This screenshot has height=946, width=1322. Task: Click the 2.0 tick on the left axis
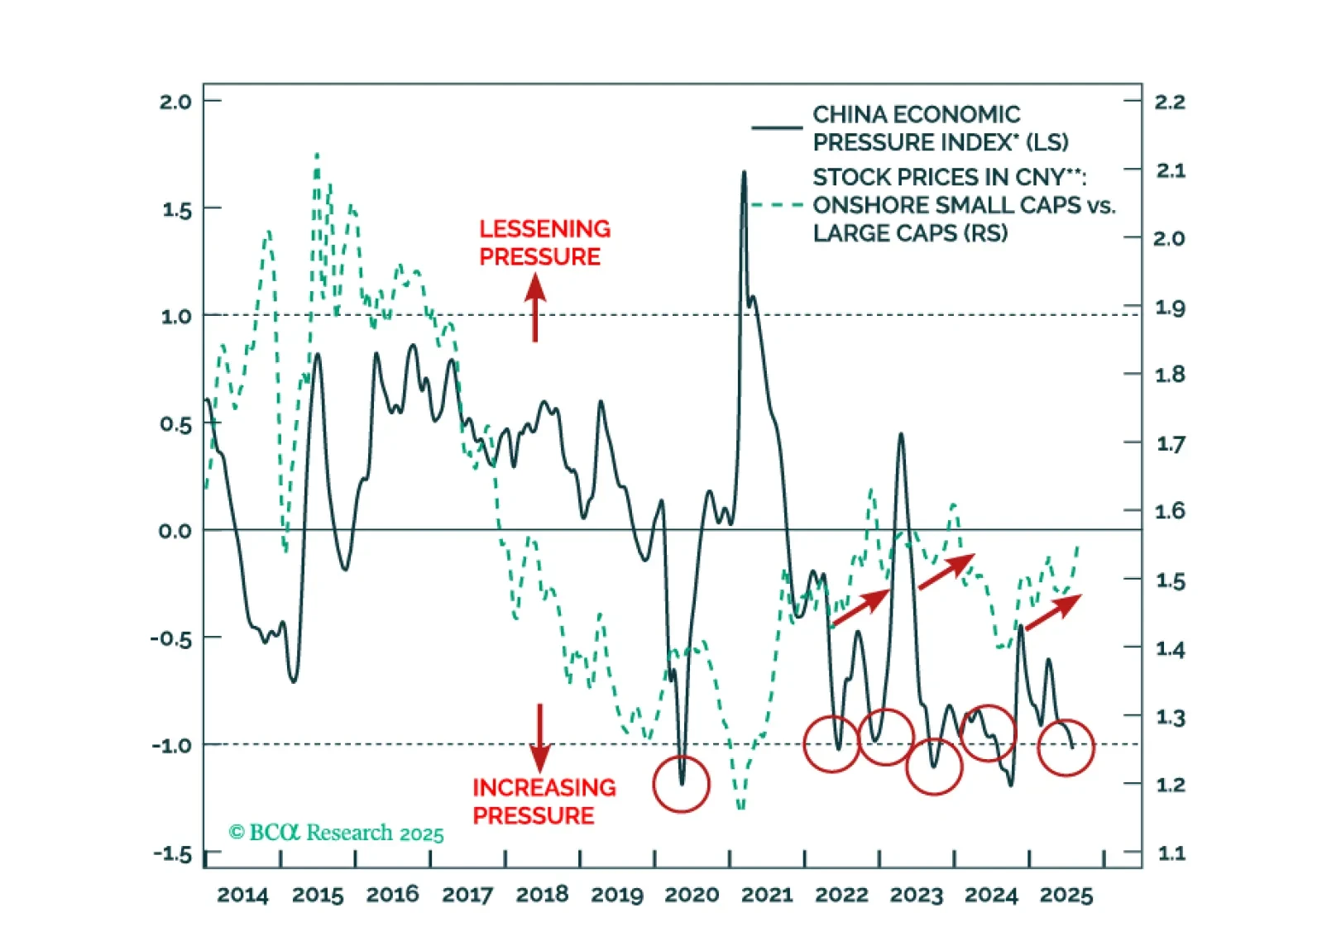point(175,103)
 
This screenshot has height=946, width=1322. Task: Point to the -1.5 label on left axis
point(172,854)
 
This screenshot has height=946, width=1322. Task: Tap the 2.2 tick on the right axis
point(1169,103)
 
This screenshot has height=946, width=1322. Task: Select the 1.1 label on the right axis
point(1170,853)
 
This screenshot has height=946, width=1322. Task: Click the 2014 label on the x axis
point(242,896)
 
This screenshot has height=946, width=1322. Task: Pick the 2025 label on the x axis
point(1066,896)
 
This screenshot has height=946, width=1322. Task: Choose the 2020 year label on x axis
point(692,896)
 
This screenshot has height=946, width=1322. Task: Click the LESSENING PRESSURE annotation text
point(544,242)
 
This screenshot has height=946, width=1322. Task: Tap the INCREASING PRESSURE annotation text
point(544,801)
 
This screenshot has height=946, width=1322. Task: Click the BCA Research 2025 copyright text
point(336,833)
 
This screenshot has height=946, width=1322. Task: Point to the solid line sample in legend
point(776,128)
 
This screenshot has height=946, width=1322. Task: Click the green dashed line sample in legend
point(776,205)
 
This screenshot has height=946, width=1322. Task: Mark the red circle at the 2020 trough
point(681,784)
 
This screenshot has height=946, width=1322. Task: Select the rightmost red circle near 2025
point(1066,748)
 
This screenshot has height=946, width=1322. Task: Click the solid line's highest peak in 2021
point(744,173)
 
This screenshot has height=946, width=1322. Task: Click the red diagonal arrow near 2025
point(1053,611)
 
